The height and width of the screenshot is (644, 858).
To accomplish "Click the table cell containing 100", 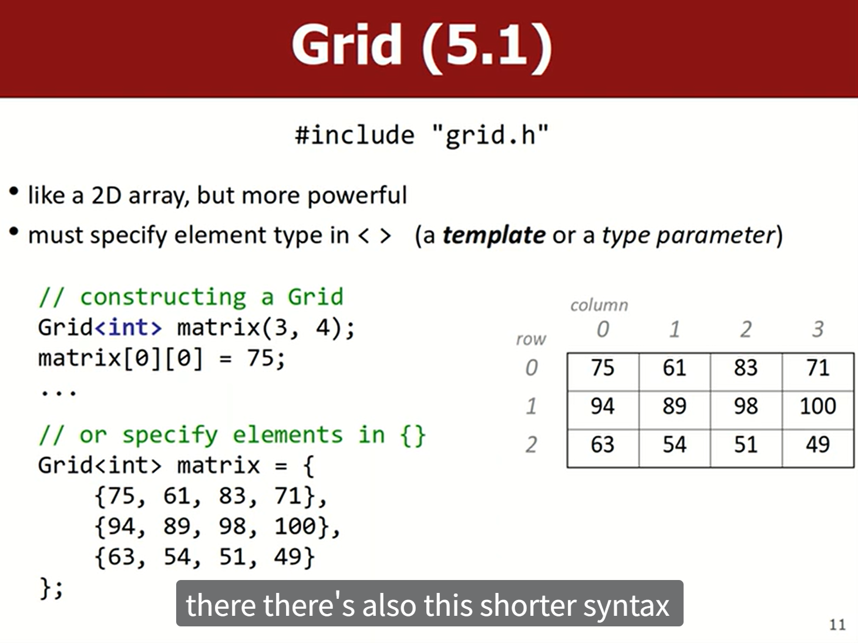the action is (x=817, y=410).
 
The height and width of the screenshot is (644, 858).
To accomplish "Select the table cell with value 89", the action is (x=675, y=410).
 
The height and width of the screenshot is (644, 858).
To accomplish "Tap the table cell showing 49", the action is (x=817, y=449).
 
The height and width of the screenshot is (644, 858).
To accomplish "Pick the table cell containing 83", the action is (x=746, y=372).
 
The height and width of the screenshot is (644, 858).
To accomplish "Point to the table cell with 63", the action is (x=603, y=449).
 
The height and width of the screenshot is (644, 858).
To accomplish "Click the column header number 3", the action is (x=817, y=329).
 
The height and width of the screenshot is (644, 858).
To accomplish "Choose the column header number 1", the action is (x=674, y=329).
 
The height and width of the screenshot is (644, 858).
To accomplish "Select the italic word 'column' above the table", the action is (x=599, y=305).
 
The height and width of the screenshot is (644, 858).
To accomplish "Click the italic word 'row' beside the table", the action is (x=531, y=339).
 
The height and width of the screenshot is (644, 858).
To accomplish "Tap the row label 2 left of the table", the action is (x=531, y=445).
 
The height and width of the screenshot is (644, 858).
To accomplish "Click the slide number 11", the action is (x=837, y=625).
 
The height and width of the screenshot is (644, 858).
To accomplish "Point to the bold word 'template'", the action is (x=494, y=235).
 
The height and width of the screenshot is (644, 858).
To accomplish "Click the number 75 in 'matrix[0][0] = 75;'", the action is (x=260, y=358).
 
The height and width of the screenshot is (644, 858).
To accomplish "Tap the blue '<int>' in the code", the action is (x=128, y=327).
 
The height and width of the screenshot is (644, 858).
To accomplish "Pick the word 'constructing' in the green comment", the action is (x=163, y=297).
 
